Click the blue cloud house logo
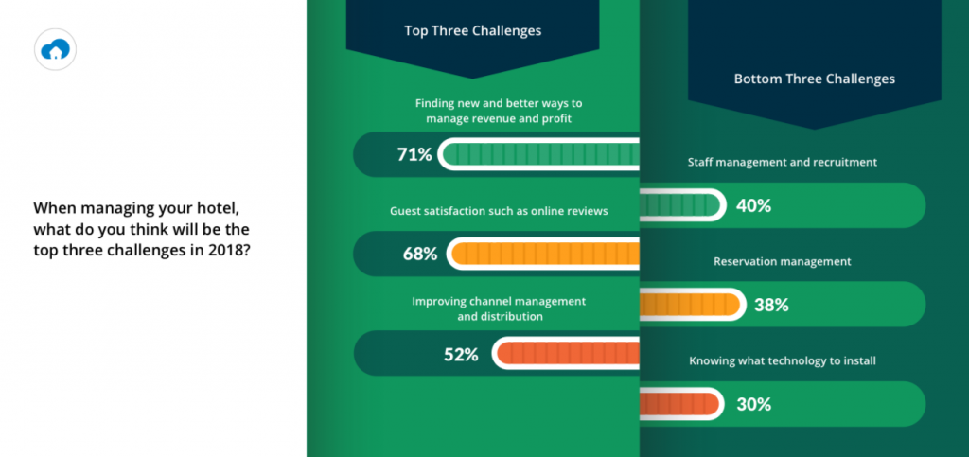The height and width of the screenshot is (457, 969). click(x=55, y=49)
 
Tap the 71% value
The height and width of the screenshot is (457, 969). click(x=414, y=154)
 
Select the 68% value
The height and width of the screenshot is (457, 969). click(x=419, y=254)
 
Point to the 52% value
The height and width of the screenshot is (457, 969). click(x=461, y=355)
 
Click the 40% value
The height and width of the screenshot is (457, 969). click(x=753, y=205)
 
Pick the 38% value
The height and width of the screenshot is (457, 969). click(x=771, y=305)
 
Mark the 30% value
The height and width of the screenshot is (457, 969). click(x=754, y=405)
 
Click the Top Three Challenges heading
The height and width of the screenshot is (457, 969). click(x=473, y=31)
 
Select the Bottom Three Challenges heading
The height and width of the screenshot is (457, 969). click(x=815, y=79)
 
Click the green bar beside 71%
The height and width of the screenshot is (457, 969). click(x=538, y=154)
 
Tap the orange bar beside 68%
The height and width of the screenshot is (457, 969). click(x=543, y=254)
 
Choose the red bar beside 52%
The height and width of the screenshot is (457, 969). click(x=566, y=353)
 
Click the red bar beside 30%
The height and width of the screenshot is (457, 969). click(x=682, y=404)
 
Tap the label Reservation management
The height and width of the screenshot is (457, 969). click(x=783, y=262)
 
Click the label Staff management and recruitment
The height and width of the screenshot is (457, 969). click(x=783, y=163)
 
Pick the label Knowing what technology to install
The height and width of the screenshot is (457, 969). click(x=783, y=361)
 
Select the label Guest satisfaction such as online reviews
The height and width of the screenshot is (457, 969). click(x=499, y=211)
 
